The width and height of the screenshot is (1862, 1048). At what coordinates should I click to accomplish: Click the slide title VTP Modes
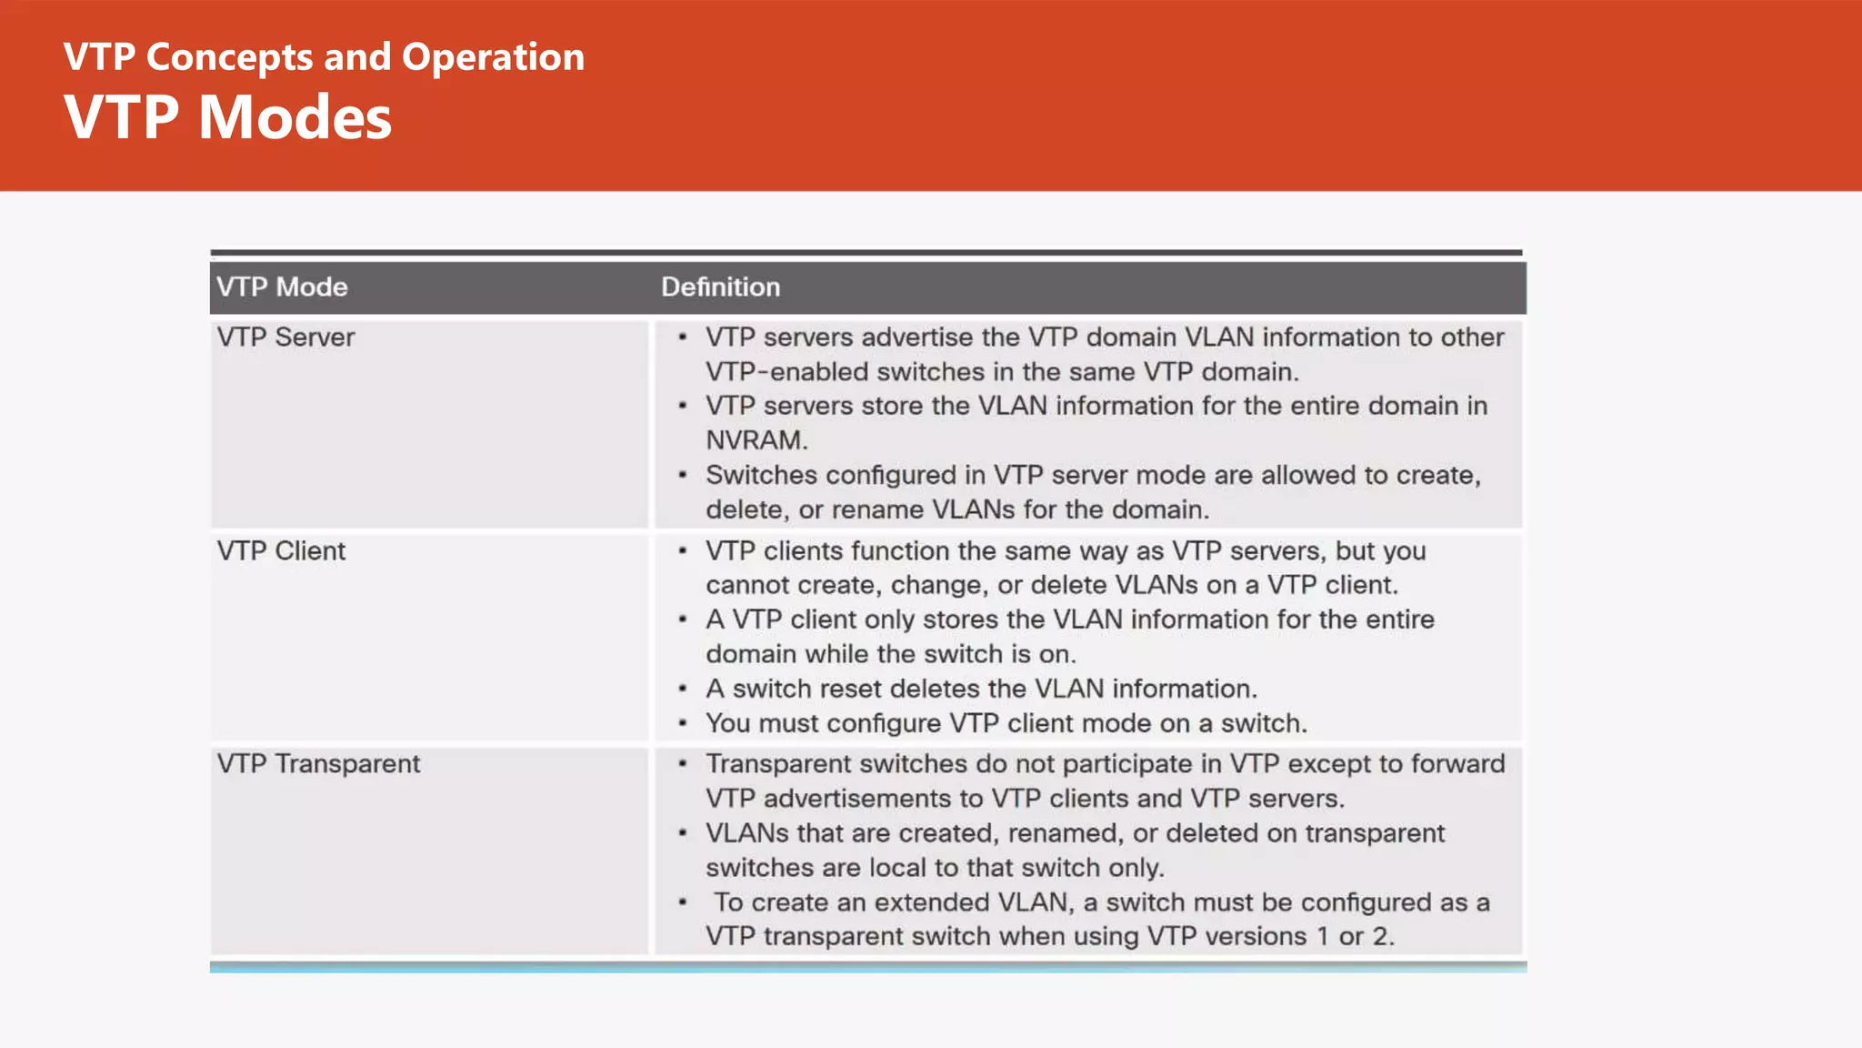pyautogui.click(x=227, y=118)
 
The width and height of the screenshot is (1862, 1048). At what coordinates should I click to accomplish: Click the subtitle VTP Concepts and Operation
pyautogui.click(x=324, y=57)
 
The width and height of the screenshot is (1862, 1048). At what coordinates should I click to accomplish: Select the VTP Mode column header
pyautogui.click(x=282, y=287)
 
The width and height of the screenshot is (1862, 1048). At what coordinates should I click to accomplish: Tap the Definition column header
pyautogui.click(x=720, y=287)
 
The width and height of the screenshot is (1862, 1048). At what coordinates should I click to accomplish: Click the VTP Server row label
pyautogui.click(x=285, y=338)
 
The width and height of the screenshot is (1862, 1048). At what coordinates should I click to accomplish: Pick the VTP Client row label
pyautogui.click(x=281, y=551)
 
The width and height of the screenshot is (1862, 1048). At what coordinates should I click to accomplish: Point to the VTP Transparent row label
pyautogui.click(x=318, y=764)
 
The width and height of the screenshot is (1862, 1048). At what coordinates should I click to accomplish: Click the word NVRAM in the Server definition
pyautogui.click(x=756, y=440)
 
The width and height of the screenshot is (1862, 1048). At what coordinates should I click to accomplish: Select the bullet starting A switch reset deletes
pyautogui.click(x=981, y=689)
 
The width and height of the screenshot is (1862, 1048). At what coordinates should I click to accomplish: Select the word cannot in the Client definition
pyautogui.click(x=748, y=586)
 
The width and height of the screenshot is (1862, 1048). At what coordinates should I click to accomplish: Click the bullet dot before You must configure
pyautogui.click(x=682, y=723)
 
